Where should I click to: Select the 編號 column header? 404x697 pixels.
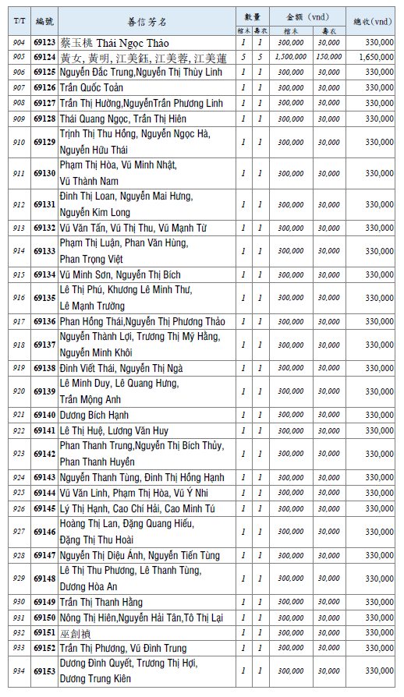44,21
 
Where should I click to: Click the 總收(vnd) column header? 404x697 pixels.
373,21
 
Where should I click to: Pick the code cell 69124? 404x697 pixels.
44,57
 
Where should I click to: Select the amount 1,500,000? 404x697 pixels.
291,57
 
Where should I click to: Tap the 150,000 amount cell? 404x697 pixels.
328,57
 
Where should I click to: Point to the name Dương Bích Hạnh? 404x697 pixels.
94,415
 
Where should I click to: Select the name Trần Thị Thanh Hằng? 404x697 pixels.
101,602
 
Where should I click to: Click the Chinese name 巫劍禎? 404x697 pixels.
75,633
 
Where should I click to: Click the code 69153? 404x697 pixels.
44,670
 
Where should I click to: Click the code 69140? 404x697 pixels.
44,415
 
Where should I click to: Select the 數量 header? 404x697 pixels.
252,16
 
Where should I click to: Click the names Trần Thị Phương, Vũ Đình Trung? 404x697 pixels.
123,649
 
